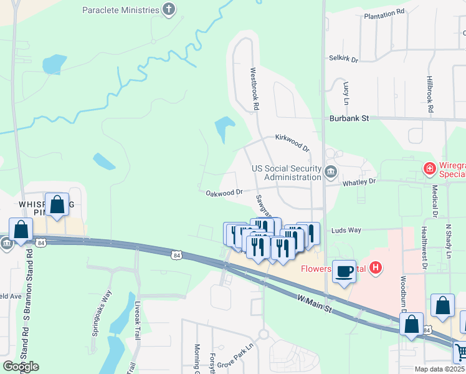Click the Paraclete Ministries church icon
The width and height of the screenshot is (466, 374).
click(168, 9)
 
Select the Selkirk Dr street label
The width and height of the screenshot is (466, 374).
click(343, 60)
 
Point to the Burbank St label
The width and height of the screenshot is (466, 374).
click(350, 117)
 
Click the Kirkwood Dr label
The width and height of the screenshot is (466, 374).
click(292, 143)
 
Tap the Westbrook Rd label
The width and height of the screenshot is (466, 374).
click(254, 89)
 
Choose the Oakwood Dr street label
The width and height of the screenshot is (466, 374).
click(224, 193)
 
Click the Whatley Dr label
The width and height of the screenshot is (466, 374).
click(359, 182)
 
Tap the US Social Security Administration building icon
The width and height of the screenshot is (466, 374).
click(331, 171)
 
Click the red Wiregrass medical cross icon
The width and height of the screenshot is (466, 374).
click(429, 168)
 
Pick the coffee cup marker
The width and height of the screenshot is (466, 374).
click(344, 271)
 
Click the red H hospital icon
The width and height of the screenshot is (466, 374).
click(375, 269)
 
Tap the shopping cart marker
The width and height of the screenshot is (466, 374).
click(460, 352)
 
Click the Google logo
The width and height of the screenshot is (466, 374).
click(21, 366)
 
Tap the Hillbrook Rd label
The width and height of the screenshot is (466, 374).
click(430, 93)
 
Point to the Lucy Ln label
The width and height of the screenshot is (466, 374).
click(346, 92)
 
